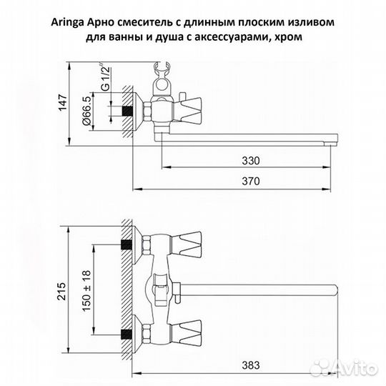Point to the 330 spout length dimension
click(248, 159)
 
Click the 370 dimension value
click(248, 182)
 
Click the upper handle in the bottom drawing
click(192, 243)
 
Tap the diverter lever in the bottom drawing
click(162, 287)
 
